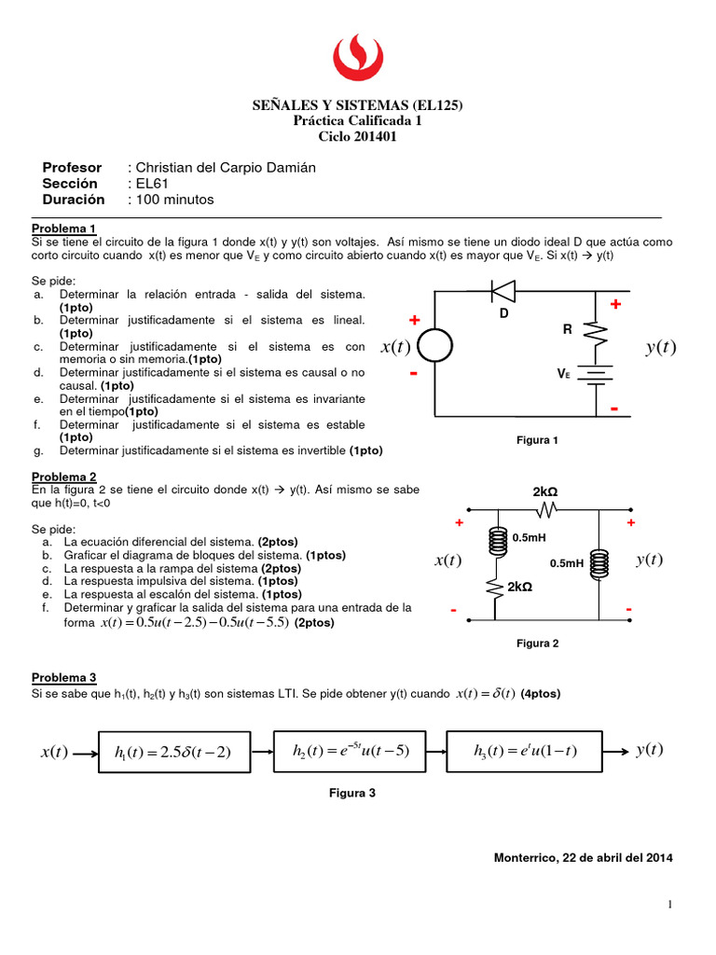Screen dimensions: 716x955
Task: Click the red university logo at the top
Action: point(358,58)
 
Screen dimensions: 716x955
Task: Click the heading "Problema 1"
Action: point(64,228)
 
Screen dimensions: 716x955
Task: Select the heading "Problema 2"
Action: point(64,476)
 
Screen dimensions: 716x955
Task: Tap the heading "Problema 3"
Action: point(64,678)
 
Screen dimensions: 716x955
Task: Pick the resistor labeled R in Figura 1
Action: point(597,334)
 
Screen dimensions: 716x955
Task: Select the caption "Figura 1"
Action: point(537,440)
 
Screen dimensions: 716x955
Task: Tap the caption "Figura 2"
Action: point(537,643)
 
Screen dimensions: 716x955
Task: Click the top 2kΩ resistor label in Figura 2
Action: point(546,491)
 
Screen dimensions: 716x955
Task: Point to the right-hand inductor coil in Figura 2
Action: point(599,562)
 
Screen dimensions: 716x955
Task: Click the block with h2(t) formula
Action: point(351,752)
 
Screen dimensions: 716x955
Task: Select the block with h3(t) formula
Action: point(526,752)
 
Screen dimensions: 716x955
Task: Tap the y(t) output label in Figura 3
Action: point(650,750)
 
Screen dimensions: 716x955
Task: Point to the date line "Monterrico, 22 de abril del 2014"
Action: point(583,857)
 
